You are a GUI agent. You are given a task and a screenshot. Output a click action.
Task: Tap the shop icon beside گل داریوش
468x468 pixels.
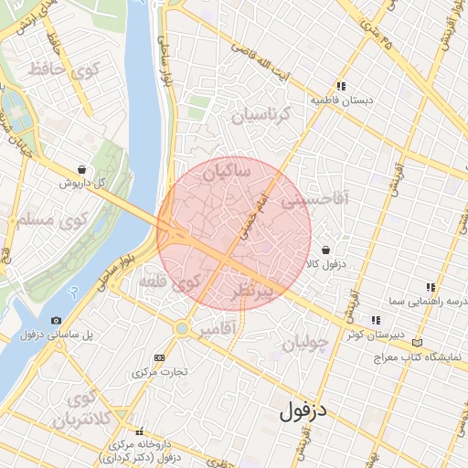coord(82,169)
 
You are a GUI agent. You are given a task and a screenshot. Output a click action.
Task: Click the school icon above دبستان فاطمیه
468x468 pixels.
coord(341,85)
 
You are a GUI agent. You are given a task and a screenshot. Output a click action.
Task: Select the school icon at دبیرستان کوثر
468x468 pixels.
coord(375,320)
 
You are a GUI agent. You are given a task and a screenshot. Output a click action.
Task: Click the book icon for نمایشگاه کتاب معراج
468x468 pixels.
coord(418,342)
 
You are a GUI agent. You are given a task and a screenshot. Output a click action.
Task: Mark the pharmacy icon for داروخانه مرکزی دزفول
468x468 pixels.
coord(139,431)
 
